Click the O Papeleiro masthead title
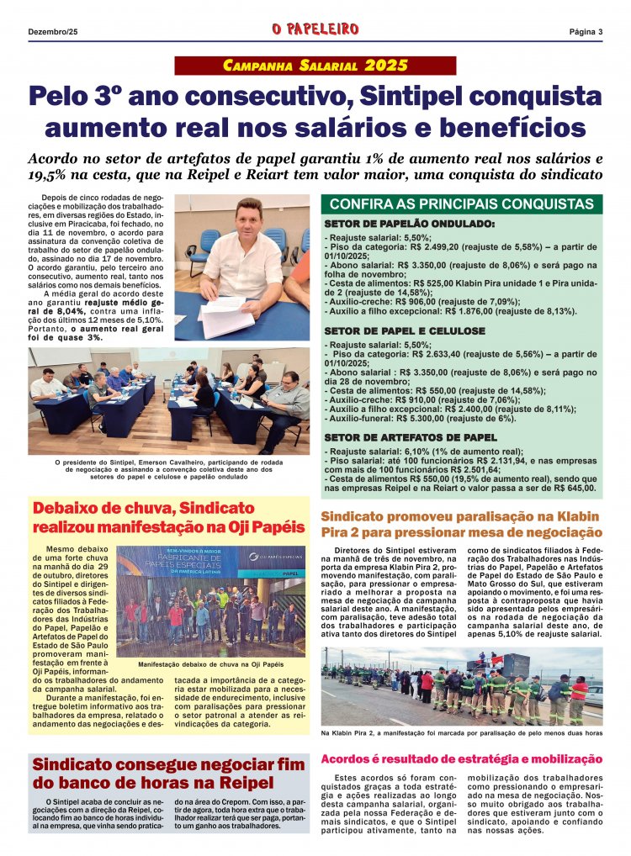(x=315, y=31)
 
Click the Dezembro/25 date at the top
(x=52, y=32)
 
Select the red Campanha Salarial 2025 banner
(x=315, y=66)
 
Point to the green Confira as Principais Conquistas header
(x=462, y=204)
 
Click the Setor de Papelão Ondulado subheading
(x=409, y=225)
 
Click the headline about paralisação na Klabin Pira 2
(x=462, y=524)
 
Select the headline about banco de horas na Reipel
(x=168, y=774)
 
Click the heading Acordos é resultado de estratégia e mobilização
(x=462, y=759)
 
